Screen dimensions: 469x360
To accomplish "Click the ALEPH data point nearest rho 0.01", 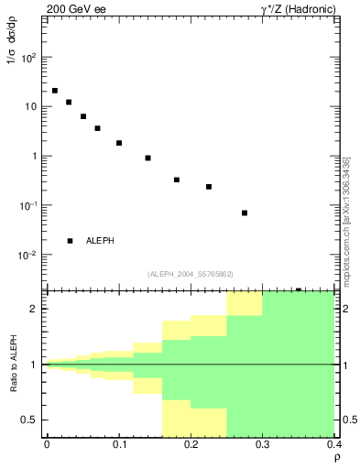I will (55, 91).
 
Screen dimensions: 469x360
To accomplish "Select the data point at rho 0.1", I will (119, 143).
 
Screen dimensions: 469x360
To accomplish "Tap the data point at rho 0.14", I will (147, 158).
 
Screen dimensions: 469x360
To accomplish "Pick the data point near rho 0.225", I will (209, 187).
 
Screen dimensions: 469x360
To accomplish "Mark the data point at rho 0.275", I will (245, 213).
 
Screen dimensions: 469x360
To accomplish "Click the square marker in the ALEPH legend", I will (70, 241).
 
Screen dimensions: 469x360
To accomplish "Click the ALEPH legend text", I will (101, 241).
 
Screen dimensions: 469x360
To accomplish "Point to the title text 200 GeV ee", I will (75, 8).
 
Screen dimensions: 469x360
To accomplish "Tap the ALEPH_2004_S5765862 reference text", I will (190, 273).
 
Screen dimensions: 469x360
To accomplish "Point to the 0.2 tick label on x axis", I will (191, 444).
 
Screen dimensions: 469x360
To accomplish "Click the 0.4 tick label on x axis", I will (334, 444).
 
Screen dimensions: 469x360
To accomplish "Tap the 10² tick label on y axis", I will (29, 57).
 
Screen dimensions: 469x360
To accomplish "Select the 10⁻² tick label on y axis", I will (28, 255).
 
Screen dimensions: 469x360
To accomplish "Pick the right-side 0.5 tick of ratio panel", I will (348, 420).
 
